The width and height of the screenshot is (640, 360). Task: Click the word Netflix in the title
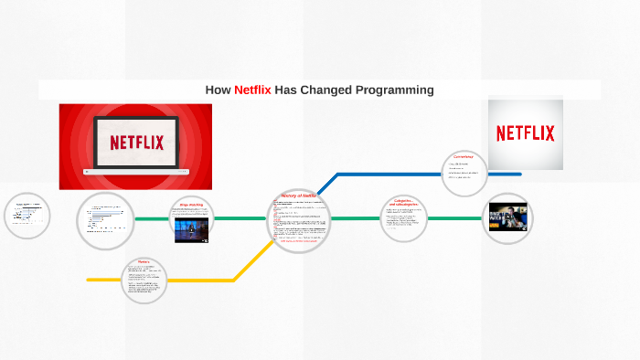[252, 90]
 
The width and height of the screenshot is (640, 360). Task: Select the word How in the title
[219, 90]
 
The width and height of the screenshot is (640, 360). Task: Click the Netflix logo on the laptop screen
[136, 142]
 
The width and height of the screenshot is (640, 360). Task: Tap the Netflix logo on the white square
[525, 133]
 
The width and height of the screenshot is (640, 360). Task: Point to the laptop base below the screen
[136, 171]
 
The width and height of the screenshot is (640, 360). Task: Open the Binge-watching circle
[192, 219]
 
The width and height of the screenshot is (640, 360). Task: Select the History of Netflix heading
[298, 196]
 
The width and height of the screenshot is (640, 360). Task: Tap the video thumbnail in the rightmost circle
[507, 217]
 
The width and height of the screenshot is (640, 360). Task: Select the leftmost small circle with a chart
[27, 217]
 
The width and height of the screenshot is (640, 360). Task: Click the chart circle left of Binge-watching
[105, 219]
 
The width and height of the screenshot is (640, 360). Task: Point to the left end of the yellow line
[89, 280]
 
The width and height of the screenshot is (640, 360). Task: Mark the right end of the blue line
[519, 174]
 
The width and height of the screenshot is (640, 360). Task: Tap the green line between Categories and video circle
[455, 218]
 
